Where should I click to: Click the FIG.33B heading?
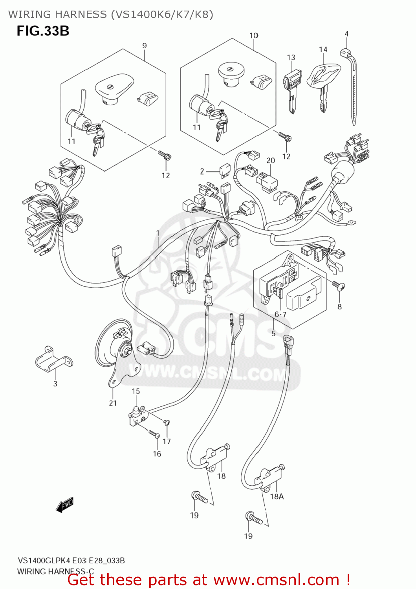(43, 31)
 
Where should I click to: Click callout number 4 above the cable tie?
(346, 34)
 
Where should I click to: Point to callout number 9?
(145, 46)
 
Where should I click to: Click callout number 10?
(254, 35)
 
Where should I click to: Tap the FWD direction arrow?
(65, 505)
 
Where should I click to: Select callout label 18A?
(277, 496)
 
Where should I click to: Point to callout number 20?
(271, 161)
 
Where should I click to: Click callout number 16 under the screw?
(157, 454)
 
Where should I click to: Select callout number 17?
(167, 441)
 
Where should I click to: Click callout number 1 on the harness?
(158, 233)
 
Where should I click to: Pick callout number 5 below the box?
(273, 333)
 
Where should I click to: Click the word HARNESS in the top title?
(81, 15)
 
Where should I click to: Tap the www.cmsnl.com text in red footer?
(276, 580)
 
